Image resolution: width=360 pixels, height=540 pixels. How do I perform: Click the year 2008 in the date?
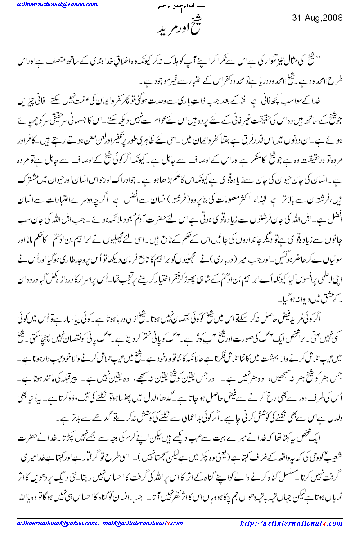[x=333, y=18]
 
